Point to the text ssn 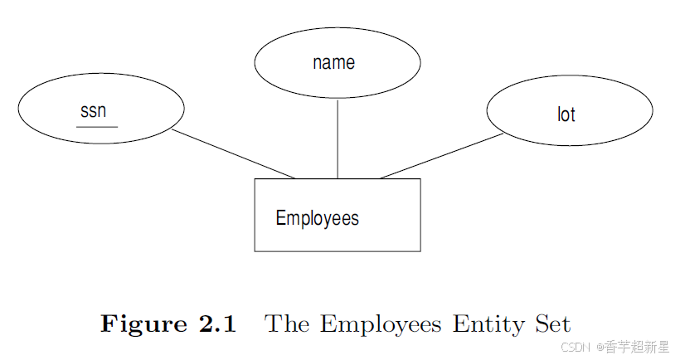(x=94, y=111)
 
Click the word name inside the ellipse (x=334, y=62)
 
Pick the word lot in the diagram (x=566, y=114)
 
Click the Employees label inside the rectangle (x=318, y=218)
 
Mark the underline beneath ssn (x=96, y=127)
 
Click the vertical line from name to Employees (x=338, y=138)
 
